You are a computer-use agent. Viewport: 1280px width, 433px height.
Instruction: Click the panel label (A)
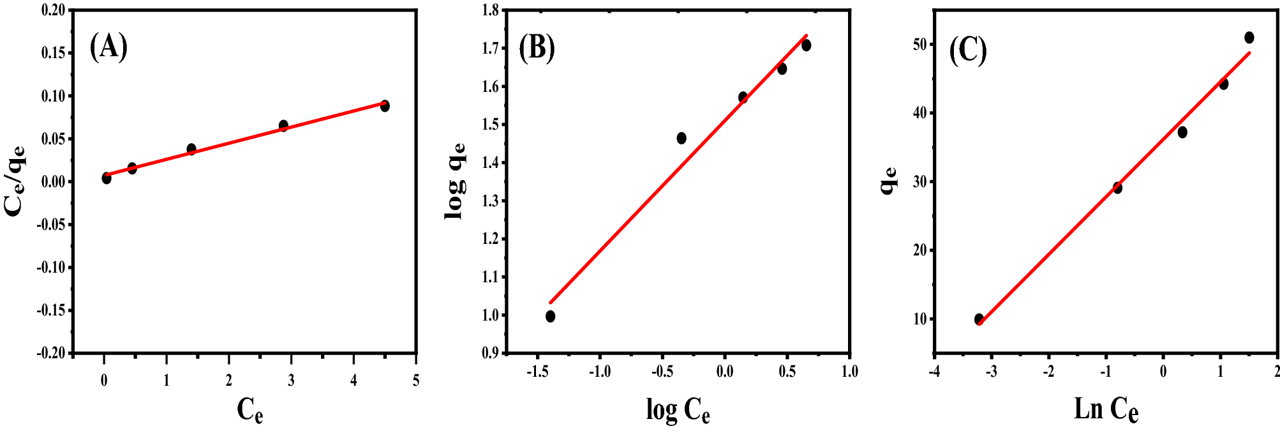coord(108,47)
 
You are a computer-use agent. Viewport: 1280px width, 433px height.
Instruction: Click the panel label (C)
coord(968,50)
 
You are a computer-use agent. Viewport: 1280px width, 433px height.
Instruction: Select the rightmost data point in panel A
coord(385,106)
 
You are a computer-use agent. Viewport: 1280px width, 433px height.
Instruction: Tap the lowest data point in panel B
coord(550,316)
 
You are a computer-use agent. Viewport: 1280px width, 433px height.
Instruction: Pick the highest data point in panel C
coord(1249,38)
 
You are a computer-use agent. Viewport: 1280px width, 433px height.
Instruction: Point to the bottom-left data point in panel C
coord(979,319)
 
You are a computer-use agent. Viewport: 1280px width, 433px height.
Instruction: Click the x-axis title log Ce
coord(678,410)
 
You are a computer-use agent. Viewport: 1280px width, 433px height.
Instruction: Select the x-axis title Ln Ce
coord(1106,409)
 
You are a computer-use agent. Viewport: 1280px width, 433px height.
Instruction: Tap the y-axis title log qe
coord(455,182)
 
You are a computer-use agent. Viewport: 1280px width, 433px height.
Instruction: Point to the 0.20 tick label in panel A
coord(53,10)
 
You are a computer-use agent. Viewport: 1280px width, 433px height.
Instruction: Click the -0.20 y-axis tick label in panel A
coord(51,353)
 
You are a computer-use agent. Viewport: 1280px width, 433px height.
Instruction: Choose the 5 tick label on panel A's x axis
coord(416,381)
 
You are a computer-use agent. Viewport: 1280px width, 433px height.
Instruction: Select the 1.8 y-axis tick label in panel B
coord(491,10)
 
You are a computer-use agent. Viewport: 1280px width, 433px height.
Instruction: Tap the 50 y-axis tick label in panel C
coord(919,45)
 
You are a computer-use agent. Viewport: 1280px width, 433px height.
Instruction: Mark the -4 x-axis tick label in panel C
coord(933,372)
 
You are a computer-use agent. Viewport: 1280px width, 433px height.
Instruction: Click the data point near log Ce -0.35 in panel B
coord(681,138)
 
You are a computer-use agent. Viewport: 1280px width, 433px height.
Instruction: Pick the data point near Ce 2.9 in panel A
coord(283,126)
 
